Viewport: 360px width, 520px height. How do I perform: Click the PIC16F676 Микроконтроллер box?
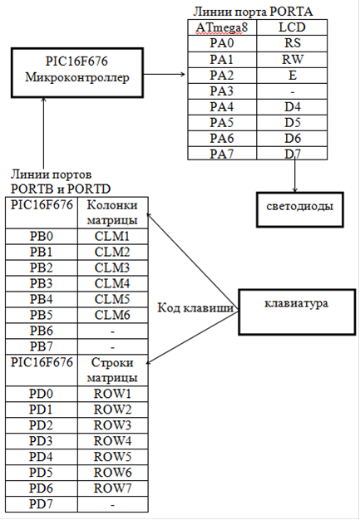[x=77, y=72]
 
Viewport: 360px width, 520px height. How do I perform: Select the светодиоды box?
[x=299, y=209]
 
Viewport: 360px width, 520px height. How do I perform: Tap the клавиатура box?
[x=297, y=312]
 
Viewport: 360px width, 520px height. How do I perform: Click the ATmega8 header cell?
[x=222, y=27]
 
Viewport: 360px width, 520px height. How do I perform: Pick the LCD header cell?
[x=292, y=27]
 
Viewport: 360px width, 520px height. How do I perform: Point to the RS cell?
[x=292, y=43]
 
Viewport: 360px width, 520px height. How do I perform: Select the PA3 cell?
[x=222, y=91]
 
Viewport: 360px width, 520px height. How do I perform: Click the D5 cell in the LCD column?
[x=292, y=123]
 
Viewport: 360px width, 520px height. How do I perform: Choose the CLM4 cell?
[x=113, y=284]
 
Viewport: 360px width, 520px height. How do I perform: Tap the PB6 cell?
[x=42, y=331]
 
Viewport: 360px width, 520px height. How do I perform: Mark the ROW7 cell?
[x=113, y=488]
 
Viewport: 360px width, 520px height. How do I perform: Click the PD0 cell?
[x=42, y=394]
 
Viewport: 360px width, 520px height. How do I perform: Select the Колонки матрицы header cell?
[x=113, y=213]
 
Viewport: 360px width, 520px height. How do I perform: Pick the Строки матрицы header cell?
[x=113, y=370]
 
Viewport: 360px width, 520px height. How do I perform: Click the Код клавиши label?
[x=195, y=308]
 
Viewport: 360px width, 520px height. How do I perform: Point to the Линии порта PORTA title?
[x=253, y=12]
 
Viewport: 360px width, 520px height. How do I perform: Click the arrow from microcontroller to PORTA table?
[x=165, y=74]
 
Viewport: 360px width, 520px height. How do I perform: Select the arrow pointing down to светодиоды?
[x=294, y=176]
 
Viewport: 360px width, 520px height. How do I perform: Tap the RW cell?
[x=292, y=60]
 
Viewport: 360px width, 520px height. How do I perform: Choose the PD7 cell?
[x=42, y=504]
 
